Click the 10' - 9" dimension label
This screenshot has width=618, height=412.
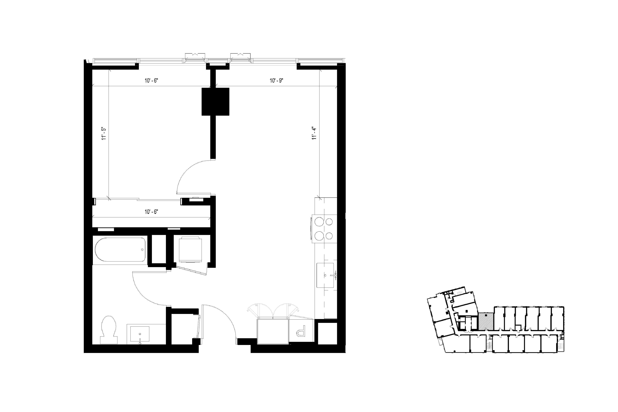276,81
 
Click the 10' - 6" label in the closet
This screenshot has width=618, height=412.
151,212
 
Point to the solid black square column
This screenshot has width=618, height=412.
215,102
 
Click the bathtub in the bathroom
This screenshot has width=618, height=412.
120,250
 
